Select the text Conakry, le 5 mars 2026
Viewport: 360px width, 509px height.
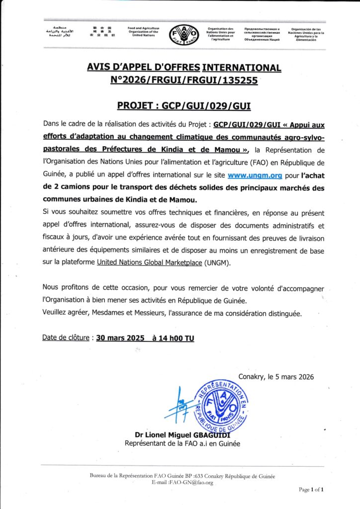[x=276, y=377]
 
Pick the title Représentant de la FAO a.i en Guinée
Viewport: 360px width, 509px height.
[x=181, y=443]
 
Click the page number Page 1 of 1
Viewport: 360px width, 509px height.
[x=311, y=490]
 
